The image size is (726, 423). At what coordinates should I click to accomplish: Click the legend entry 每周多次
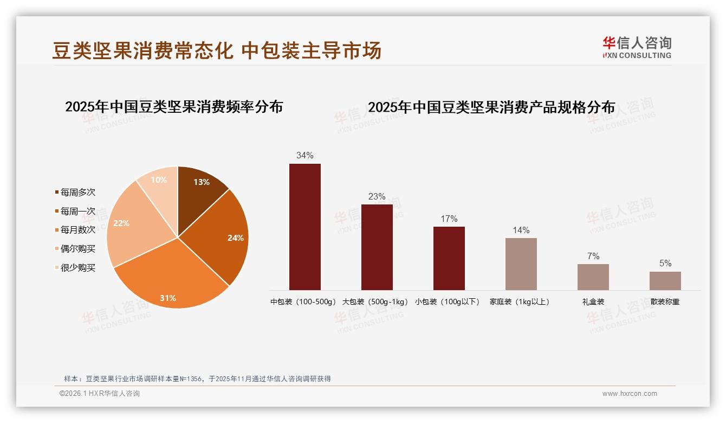coord(77,193)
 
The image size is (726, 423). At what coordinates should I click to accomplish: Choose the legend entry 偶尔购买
coord(77,249)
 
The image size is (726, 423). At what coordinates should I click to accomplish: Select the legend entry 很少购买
coord(77,268)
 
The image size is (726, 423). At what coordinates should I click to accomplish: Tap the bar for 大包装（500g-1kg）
coord(377,247)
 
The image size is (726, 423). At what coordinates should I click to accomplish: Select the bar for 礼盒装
coord(593,277)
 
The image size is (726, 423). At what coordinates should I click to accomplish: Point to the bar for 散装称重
coord(665,281)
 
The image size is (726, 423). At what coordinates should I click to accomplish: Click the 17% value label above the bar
coord(449,219)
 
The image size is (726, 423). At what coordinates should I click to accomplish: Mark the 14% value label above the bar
coord(521,230)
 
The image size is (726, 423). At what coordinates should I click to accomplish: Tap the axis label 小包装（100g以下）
coord(448,302)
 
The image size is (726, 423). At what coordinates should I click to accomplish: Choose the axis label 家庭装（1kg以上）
coord(520,302)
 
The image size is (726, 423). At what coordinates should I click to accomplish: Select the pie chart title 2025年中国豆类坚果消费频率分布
coord(174,107)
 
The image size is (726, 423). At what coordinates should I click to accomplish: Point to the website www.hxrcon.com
coord(630,394)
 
